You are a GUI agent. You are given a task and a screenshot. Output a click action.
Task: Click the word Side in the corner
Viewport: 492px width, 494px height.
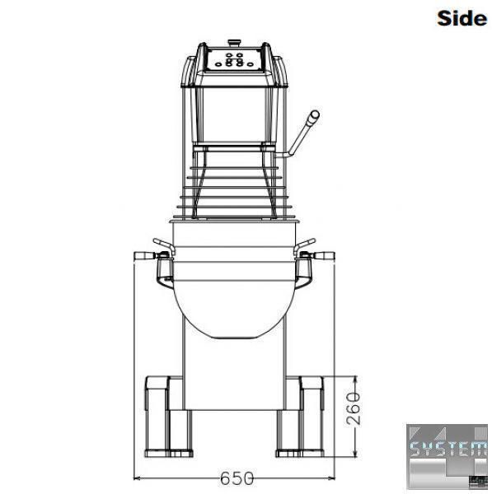(462, 18)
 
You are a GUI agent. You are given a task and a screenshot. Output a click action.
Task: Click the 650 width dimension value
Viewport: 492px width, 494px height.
(237, 478)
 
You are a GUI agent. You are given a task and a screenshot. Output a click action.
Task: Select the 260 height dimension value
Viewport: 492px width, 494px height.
(354, 408)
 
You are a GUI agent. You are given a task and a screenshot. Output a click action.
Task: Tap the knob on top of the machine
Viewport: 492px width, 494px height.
(234, 42)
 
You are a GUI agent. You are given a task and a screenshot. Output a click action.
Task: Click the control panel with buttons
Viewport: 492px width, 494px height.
(234, 60)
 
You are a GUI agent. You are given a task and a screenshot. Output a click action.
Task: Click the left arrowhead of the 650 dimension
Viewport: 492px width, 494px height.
(137, 478)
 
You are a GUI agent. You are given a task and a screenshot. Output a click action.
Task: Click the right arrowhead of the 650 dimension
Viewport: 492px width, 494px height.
(331, 478)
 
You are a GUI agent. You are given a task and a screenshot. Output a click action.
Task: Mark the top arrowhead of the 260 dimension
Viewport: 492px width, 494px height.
(355, 380)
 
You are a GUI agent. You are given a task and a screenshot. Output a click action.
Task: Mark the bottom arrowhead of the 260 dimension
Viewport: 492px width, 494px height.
(355, 453)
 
